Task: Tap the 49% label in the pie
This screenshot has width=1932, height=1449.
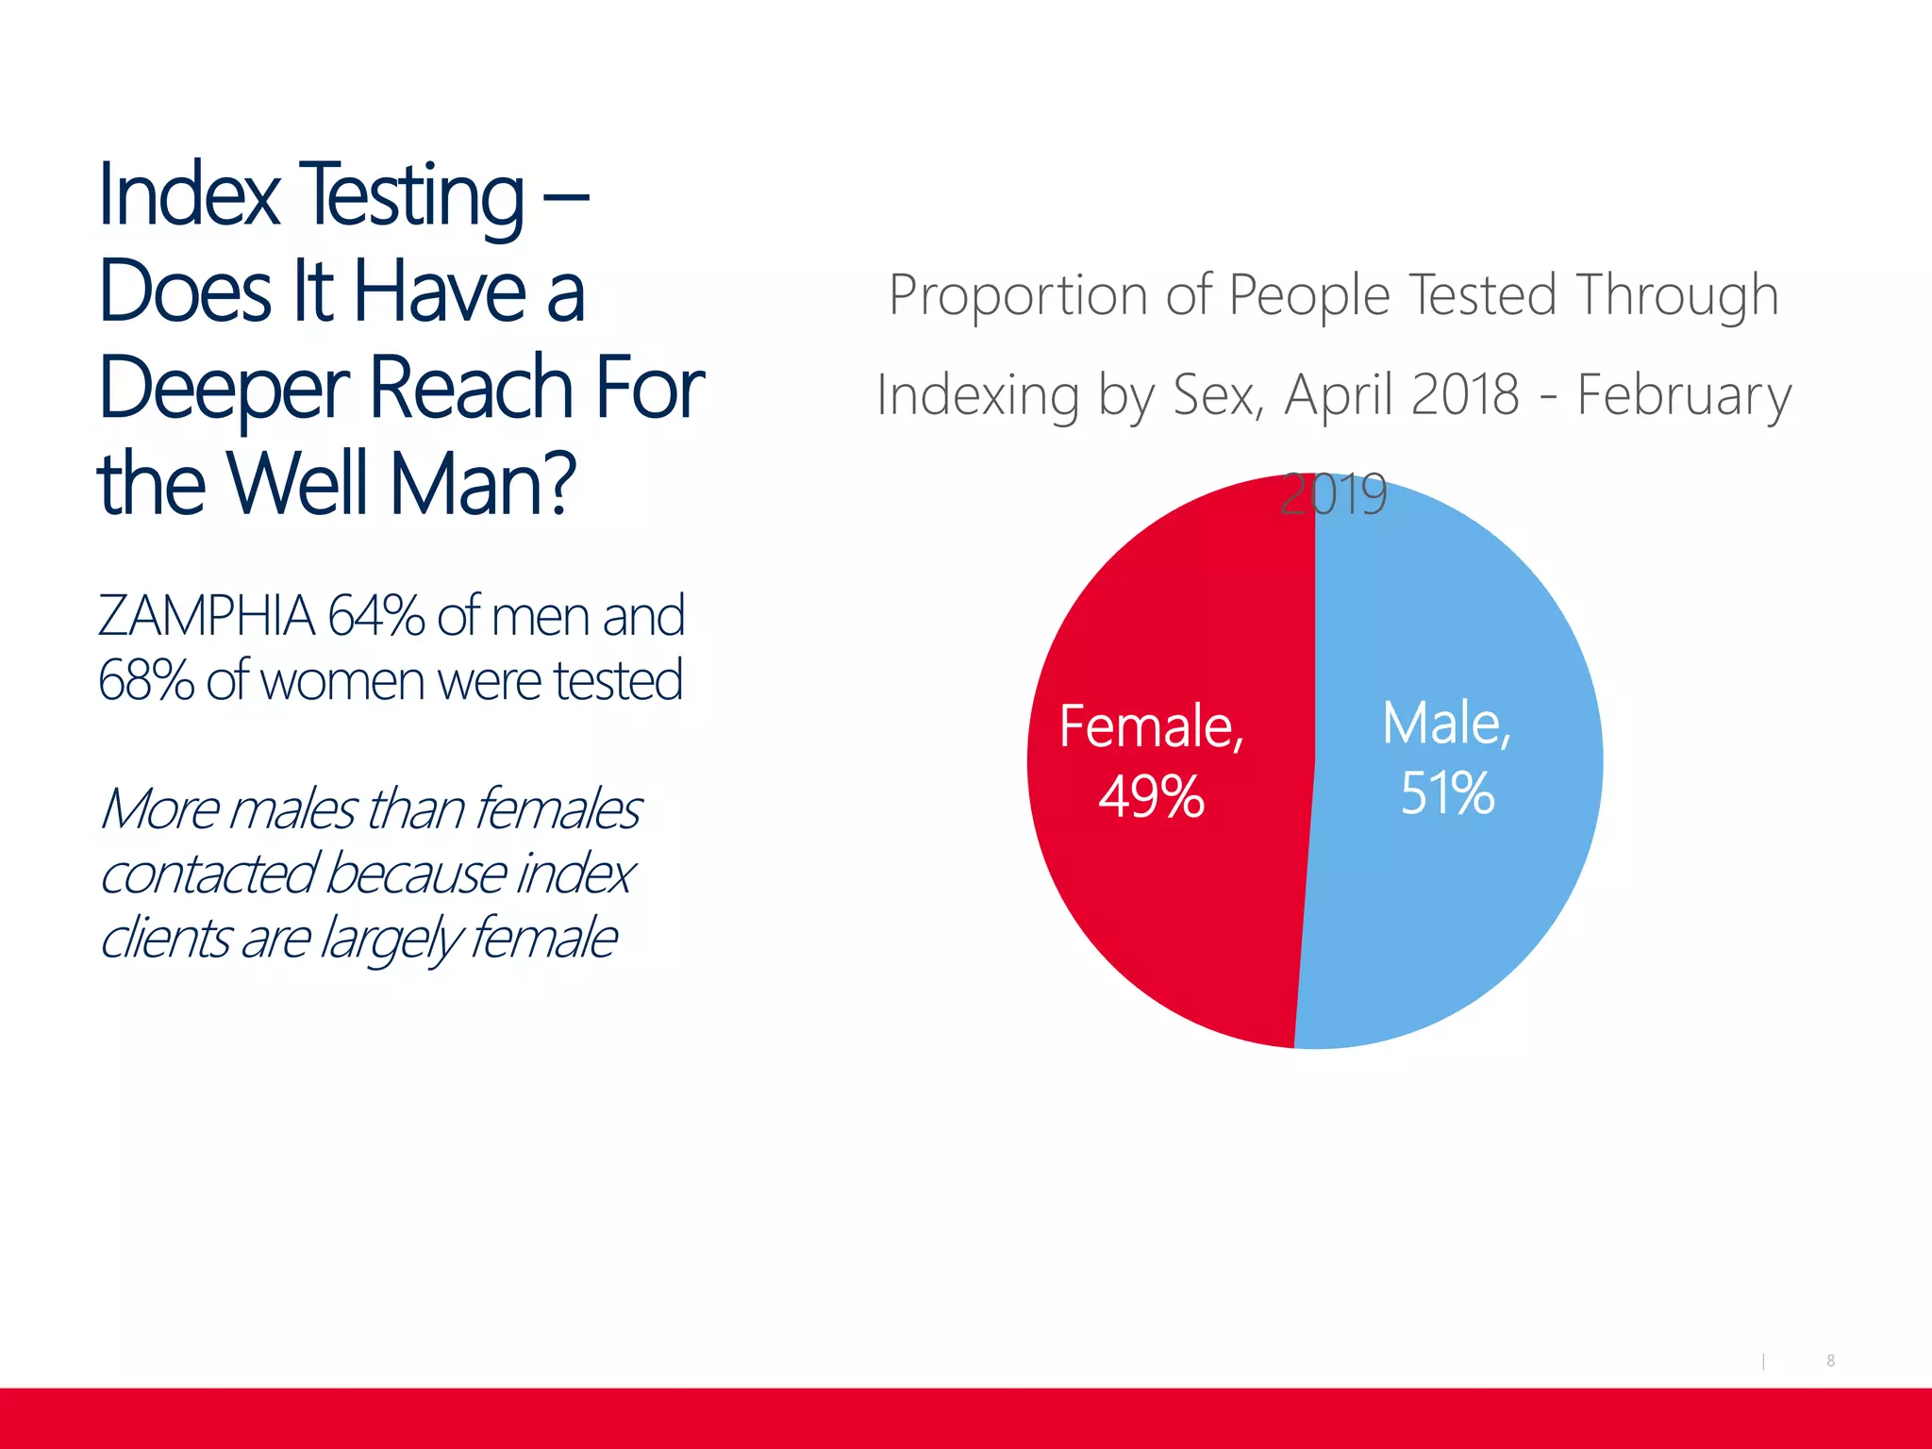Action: (1151, 796)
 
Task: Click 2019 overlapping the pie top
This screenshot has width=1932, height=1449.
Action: (1333, 493)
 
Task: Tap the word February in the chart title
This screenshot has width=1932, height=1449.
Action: (1684, 395)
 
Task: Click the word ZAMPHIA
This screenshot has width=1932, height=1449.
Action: (206, 616)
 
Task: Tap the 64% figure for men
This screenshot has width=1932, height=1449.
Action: (375, 616)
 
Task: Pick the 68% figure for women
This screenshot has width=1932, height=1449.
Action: (145, 680)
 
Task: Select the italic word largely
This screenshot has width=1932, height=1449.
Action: (388, 940)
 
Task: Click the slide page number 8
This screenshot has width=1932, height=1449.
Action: (1830, 1360)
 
